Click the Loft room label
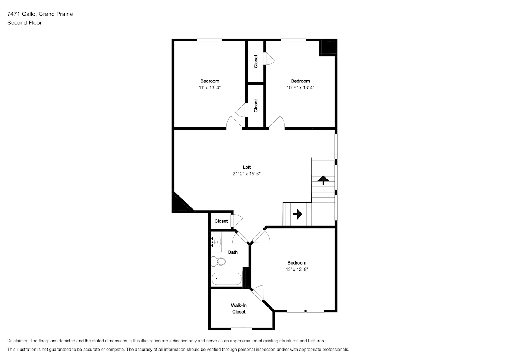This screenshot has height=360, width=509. click(247, 167)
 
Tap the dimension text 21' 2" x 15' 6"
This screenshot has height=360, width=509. click(247, 174)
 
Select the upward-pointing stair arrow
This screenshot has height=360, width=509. click(323, 180)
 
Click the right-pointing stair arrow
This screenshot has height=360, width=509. click(297, 214)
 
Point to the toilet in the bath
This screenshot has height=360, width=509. click(218, 261)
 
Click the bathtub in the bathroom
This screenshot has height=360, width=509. click(226, 279)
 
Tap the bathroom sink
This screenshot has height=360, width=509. click(217, 242)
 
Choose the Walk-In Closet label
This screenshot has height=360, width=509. click(239, 309)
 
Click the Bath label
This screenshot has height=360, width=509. click(233, 252)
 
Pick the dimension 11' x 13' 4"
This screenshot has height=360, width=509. click(210, 88)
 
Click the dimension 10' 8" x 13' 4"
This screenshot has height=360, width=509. click(301, 88)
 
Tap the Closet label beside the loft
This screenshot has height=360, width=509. click(221, 221)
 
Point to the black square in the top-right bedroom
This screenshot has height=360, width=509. click(328, 47)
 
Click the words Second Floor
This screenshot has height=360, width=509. click(24, 23)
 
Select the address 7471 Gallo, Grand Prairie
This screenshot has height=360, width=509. click(40, 14)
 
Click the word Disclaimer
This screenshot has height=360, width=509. click(18, 341)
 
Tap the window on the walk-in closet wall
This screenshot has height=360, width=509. click(242, 329)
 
